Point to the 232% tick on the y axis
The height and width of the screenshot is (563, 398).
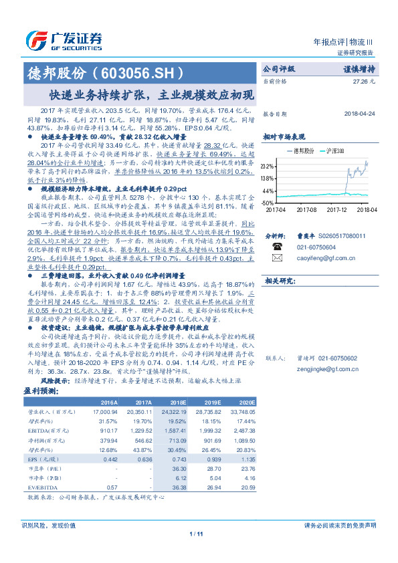268,166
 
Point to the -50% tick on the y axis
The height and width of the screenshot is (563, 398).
268,202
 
